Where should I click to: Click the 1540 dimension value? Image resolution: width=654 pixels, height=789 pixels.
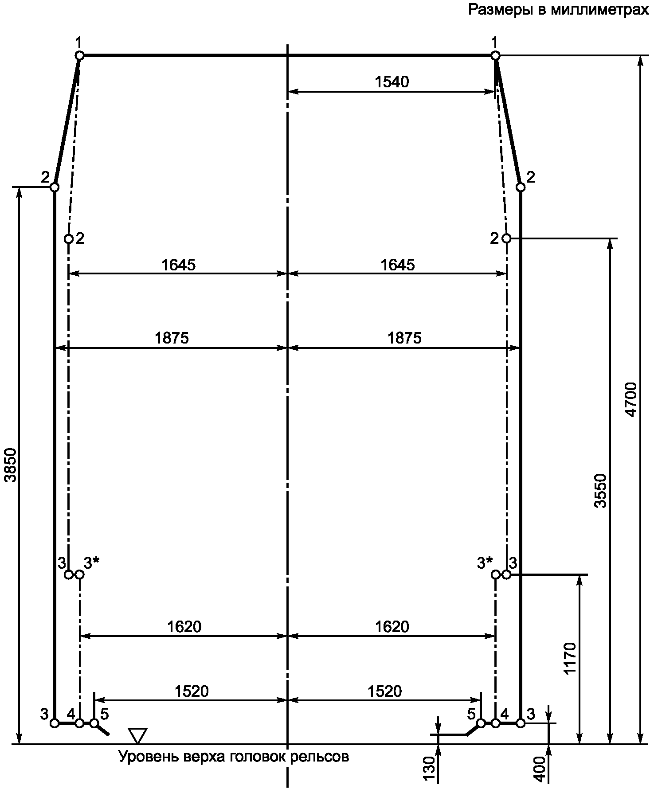tap(392, 82)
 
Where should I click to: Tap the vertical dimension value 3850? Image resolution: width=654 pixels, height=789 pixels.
tap(10, 465)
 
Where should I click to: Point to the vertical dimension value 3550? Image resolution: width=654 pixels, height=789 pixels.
tap(601, 491)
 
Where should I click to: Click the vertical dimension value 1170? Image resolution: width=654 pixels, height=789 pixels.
tap(570, 658)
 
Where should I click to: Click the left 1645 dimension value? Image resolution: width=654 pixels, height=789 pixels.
tap(178, 265)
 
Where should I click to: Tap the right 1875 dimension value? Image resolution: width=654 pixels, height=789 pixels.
tap(404, 338)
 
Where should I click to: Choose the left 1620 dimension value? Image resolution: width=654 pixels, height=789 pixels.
tap(184, 627)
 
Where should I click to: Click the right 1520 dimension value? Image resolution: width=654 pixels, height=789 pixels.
tap(385, 691)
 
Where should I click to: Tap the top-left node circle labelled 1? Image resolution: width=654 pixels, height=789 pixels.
tap(79, 55)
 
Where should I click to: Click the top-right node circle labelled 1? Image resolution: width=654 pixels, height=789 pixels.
tap(496, 55)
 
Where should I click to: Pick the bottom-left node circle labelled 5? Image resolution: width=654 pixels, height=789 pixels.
tap(94, 723)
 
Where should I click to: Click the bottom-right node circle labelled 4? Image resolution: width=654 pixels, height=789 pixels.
tap(496, 723)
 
